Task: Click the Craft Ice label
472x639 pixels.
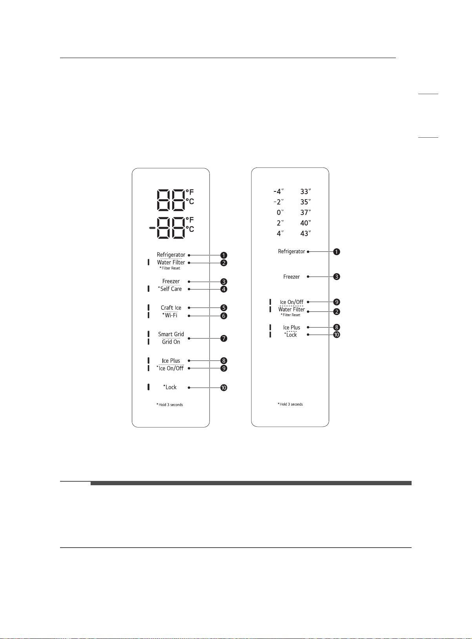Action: pos(171,308)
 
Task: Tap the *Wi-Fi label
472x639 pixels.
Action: pos(170,315)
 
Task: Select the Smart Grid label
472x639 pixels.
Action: pos(171,334)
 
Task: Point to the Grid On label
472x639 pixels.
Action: pos(171,342)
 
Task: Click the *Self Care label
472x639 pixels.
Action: pos(170,289)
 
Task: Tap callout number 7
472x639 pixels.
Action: pos(224,339)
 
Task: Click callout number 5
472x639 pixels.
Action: pos(224,308)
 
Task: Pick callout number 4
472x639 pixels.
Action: pos(224,289)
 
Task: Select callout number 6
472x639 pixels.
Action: pos(224,316)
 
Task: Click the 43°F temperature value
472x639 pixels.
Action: pos(305,233)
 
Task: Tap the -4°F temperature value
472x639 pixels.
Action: pos(279,191)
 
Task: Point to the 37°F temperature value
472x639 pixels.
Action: pos(305,212)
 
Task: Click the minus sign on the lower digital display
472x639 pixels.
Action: pos(152,228)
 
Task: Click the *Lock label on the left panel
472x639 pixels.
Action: pos(170,387)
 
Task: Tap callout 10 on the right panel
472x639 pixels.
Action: pos(337,335)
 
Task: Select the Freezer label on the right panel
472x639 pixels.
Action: pos(292,277)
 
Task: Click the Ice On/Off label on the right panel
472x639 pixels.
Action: pos(292,302)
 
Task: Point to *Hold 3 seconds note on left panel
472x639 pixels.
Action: pos(170,405)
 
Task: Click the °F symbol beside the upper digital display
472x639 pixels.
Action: pos(190,192)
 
